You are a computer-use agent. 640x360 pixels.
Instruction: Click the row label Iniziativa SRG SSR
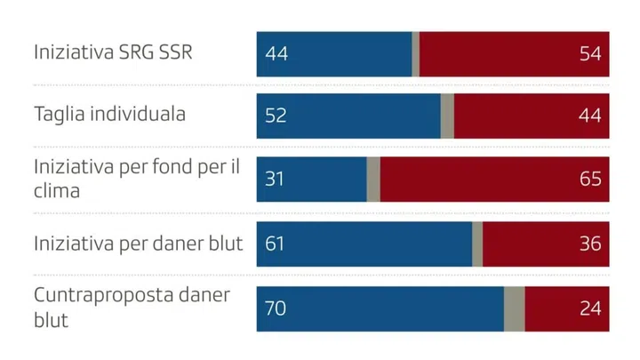113,52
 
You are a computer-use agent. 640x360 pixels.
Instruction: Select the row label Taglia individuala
109,116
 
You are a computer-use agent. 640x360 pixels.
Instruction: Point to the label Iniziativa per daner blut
138,244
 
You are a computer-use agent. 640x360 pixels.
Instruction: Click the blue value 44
276,53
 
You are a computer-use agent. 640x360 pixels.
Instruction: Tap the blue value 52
276,116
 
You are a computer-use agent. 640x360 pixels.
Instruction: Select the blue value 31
275,180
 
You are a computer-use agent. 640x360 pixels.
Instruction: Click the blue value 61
275,244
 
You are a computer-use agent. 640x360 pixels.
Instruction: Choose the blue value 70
276,308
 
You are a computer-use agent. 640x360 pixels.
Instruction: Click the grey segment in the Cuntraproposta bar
514,308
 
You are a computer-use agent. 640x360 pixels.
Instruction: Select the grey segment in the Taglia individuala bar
447,116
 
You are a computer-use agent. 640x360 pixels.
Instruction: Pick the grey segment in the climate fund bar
373,180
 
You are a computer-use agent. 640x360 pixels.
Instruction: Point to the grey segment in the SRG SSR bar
415,53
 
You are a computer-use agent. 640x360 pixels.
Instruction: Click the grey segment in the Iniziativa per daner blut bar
477,244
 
